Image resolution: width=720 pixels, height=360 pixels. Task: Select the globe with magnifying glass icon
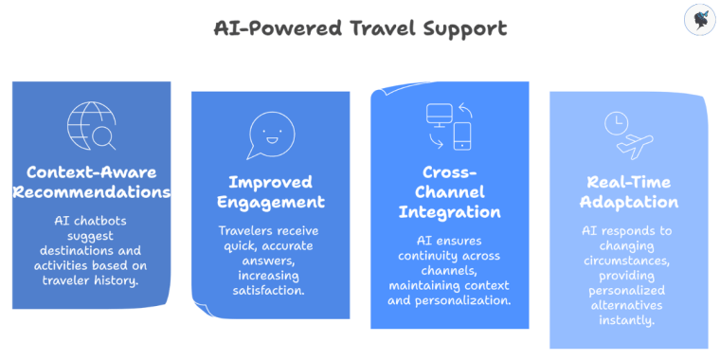pyautogui.click(x=91, y=126)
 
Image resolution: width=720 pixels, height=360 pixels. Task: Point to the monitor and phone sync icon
pyautogui.click(x=449, y=127)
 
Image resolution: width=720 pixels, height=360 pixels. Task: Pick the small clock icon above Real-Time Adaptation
pyautogui.click(x=615, y=123)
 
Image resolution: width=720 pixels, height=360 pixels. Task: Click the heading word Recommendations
pyautogui.click(x=91, y=193)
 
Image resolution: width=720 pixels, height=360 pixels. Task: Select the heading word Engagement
pyautogui.click(x=270, y=202)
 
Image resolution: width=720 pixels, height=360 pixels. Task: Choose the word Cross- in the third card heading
pyautogui.click(x=449, y=172)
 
